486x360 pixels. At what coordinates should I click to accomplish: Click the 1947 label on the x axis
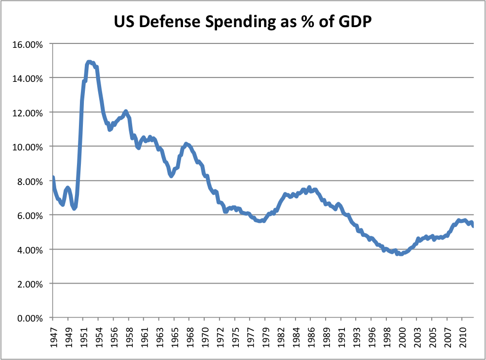(x=53, y=336)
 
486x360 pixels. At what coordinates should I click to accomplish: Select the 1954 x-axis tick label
(x=99, y=336)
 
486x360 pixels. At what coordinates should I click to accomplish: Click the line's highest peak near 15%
(x=89, y=62)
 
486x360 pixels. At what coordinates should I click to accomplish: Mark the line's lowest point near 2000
(x=400, y=254)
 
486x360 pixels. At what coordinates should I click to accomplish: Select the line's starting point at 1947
(x=53, y=178)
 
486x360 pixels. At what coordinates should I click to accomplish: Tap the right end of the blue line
(x=473, y=226)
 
